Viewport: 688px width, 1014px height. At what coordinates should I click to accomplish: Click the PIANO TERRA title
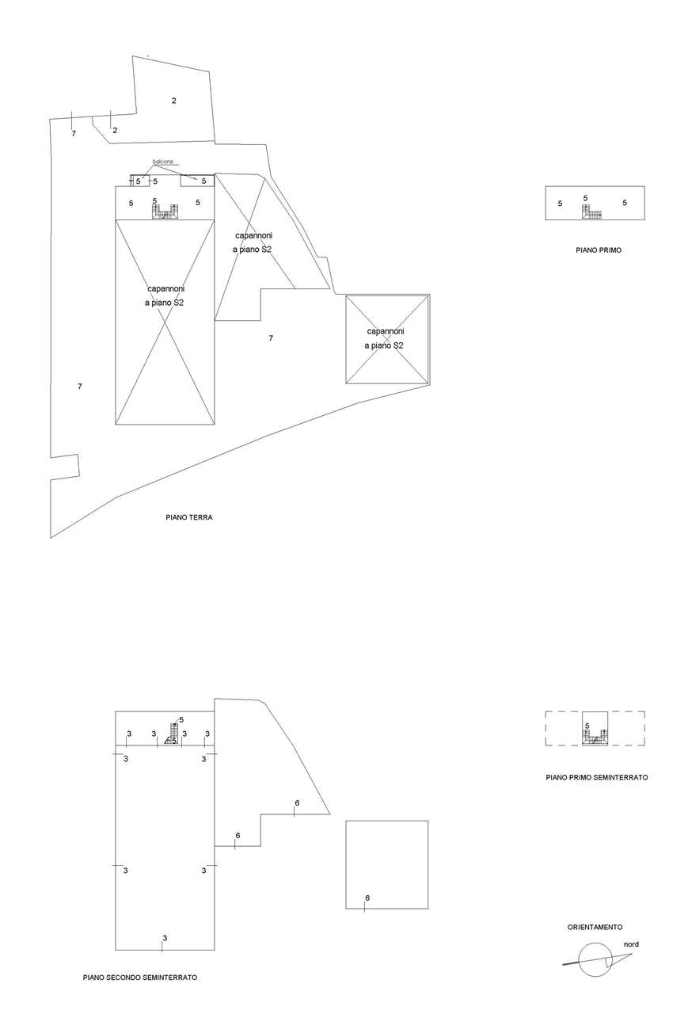(x=189, y=517)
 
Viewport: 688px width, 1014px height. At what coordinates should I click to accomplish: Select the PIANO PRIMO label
(x=599, y=250)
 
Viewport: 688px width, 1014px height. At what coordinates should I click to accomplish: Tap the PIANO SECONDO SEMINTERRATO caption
(x=140, y=978)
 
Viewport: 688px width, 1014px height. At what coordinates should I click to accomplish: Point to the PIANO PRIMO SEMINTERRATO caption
(x=596, y=778)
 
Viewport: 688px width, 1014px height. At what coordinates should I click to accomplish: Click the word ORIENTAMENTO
(x=595, y=927)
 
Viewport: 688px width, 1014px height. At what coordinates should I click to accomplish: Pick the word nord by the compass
(x=631, y=944)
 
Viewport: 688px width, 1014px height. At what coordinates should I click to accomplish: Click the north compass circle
(x=595, y=960)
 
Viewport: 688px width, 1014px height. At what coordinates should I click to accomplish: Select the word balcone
(x=162, y=162)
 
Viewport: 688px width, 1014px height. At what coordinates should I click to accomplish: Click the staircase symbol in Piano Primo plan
(x=592, y=212)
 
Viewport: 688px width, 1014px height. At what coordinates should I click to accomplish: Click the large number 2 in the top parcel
(x=173, y=101)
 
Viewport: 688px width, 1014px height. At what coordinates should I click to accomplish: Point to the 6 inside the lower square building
(x=367, y=898)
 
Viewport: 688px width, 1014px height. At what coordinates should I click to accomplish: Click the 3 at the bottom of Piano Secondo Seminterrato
(x=165, y=939)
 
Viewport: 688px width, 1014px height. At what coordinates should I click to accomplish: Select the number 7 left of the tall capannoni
(x=80, y=387)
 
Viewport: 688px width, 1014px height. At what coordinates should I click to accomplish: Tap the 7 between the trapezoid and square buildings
(x=271, y=338)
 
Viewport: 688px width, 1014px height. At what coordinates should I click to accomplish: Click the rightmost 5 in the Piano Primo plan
(x=624, y=204)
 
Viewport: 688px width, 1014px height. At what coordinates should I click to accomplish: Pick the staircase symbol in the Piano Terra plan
(x=165, y=212)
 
